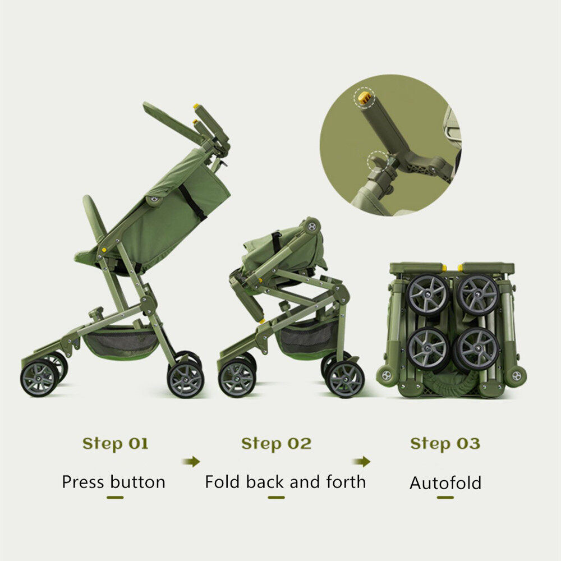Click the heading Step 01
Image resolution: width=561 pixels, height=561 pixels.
coord(115,444)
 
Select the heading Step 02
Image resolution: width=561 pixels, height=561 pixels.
coord(276,444)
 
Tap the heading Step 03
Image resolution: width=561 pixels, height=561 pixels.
coord(445,444)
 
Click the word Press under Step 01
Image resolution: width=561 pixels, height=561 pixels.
coord(84,481)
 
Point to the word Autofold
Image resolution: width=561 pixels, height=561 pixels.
coord(445,482)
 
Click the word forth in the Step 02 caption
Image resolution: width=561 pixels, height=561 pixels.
coord(346,481)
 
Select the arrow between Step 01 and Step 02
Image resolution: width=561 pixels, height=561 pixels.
coord(191,462)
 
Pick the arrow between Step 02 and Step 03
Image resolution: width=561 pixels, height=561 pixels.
coord(361,462)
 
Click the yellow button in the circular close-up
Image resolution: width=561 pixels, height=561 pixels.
coord(364,98)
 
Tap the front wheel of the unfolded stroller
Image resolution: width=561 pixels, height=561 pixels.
coord(39,378)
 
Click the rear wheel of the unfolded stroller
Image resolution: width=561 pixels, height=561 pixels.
coord(186,379)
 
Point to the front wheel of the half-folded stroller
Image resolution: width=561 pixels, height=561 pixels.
coord(237,378)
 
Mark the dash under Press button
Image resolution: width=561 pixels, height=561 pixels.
coord(115,497)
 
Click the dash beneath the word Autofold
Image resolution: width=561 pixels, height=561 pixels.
coord(445,497)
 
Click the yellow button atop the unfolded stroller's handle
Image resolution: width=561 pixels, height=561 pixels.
coord(196,106)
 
